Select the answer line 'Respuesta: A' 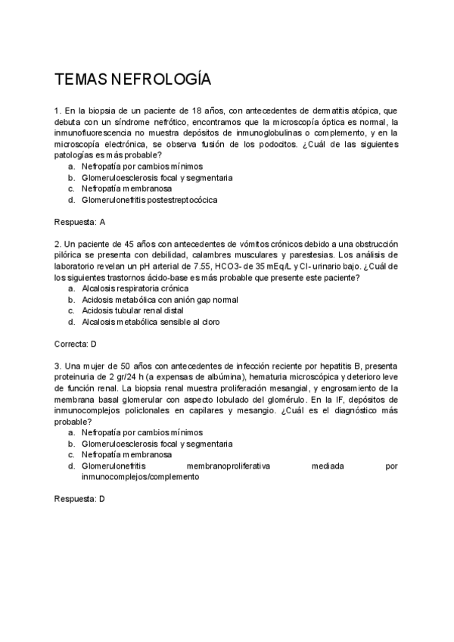pyautogui.click(x=79, y=223)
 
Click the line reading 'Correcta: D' pyautogui.click(x=76, y=344)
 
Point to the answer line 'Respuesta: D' pyautogui.click(x=79, y=500)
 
